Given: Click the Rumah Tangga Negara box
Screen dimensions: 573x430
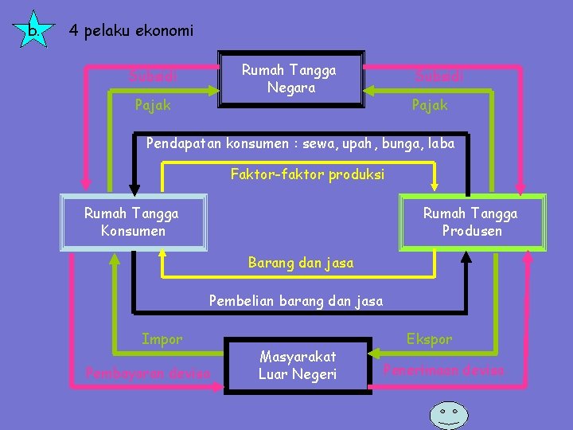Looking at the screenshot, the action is click(290, 79).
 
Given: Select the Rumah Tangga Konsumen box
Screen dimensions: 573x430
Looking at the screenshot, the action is click(132, 222).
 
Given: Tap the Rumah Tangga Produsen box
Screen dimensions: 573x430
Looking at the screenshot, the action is click(470, 222).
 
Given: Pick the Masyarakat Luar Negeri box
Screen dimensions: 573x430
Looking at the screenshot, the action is click(298, 365).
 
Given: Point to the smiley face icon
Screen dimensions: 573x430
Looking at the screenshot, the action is click(449, 414).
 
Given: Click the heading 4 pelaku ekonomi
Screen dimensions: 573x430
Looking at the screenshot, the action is click(131, 31).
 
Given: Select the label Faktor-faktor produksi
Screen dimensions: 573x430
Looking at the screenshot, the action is click(307, 174).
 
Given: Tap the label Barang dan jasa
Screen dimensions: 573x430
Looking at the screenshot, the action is click(301, 262).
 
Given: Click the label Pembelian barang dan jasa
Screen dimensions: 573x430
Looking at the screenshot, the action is click(295, 301).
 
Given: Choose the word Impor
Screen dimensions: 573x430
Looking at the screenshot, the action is click(162, 339).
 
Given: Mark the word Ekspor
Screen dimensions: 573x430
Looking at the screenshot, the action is click(430, 339).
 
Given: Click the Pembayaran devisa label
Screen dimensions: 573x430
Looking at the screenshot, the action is click(148, 373).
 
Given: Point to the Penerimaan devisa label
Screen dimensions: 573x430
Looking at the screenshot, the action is click(444, 369).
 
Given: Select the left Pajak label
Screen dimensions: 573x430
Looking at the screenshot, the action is click(153, 104).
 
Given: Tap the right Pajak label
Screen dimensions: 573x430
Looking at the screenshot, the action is click(430, 104).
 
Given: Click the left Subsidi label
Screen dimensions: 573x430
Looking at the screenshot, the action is click(153, 77).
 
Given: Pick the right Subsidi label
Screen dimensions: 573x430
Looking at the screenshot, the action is click(439, 77).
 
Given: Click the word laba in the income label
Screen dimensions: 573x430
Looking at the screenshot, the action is click(440, 144).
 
